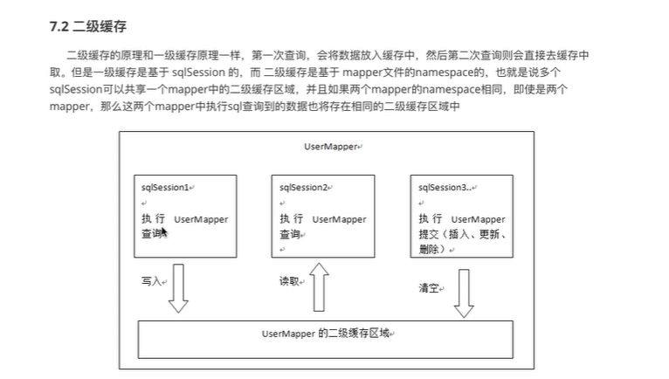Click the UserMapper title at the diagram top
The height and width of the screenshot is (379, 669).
331,147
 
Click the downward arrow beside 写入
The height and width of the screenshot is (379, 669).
178,288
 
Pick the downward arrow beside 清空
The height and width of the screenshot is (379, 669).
463,293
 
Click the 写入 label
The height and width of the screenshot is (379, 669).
151,282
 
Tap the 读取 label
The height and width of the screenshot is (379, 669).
289,282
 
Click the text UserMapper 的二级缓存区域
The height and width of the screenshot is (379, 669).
327,334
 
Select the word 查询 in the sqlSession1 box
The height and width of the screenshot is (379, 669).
151,234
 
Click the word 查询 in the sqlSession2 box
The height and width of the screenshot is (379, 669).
290,234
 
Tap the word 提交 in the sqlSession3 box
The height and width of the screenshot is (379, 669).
429,234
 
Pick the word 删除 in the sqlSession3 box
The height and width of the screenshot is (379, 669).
429,249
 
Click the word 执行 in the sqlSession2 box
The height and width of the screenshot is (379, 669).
291,219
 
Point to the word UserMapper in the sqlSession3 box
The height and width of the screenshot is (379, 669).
478,219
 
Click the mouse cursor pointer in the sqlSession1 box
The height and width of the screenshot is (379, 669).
162,231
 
